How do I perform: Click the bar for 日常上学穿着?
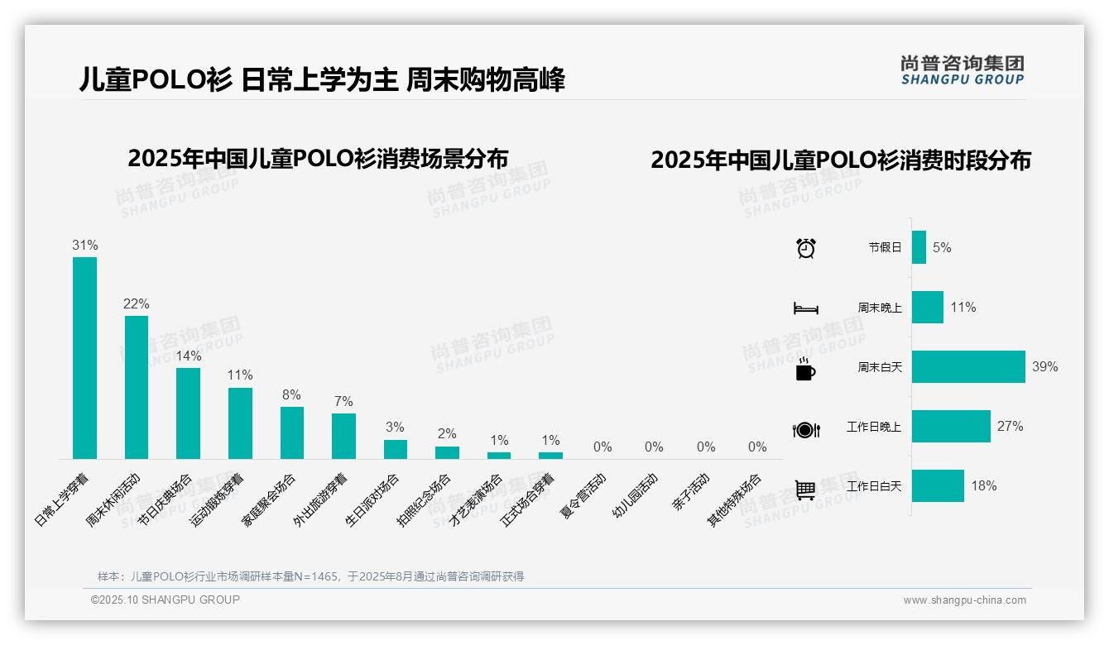[x=84, y=357]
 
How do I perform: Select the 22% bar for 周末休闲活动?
[x=137, y=387]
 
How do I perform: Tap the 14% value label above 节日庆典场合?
[x=188, y=356]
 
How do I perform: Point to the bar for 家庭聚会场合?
[x=291, y=432]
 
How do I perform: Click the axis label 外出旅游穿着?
[x=320, y=500]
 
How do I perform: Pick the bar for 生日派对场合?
[x=395, y=449]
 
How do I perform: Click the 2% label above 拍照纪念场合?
[x=447, y=433]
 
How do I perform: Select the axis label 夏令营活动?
[x=583, y=495]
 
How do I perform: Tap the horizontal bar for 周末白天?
[x=968, y=366]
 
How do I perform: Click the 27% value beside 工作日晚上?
[x=1010, y=427]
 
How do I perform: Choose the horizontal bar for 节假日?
[x=919, y=247]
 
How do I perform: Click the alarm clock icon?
[x=806, y=248]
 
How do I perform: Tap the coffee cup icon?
[x=805, y=370]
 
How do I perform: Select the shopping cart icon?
[x=805, y=490]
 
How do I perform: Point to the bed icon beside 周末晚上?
[x=805, y=308]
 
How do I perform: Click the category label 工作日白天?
[x=874, y=486]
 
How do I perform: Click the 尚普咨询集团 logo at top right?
[x=962, y=70]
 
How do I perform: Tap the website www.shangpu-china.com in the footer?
[x=964, y=600]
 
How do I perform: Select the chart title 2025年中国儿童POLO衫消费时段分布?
[x=841, y=160]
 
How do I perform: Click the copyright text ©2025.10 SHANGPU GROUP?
[x=166, y=600]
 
